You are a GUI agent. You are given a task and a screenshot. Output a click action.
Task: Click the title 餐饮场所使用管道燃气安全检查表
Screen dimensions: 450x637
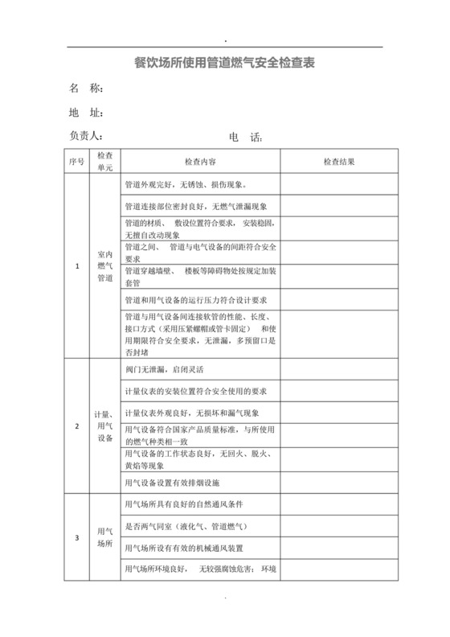pyautogui.click(x=224, y=60)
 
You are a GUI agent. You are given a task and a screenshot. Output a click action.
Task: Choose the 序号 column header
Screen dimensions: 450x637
pyautogui.click(x=76, y=162)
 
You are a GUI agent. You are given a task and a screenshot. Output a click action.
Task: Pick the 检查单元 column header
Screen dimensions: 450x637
pyautogui.click(x=104, y=162)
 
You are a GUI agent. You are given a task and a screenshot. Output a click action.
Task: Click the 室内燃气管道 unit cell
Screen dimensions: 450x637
pyautogui.click(x=104, y=266)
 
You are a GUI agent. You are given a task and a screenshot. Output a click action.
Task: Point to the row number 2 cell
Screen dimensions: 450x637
pyautogui.click(x=76, y=425)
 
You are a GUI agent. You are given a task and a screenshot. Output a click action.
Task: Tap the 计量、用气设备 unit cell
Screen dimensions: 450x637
pyautogui.click(x=104, y=425)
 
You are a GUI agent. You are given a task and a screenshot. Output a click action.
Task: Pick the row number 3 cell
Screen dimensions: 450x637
pyautogui.click(x=76, y=537)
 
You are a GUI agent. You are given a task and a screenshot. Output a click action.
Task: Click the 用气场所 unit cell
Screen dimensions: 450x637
pyautogui.click(x=104, y=537)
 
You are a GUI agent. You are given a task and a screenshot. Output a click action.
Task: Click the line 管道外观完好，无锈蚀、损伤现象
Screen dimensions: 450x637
pyautogui.click(x=178, y=185)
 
